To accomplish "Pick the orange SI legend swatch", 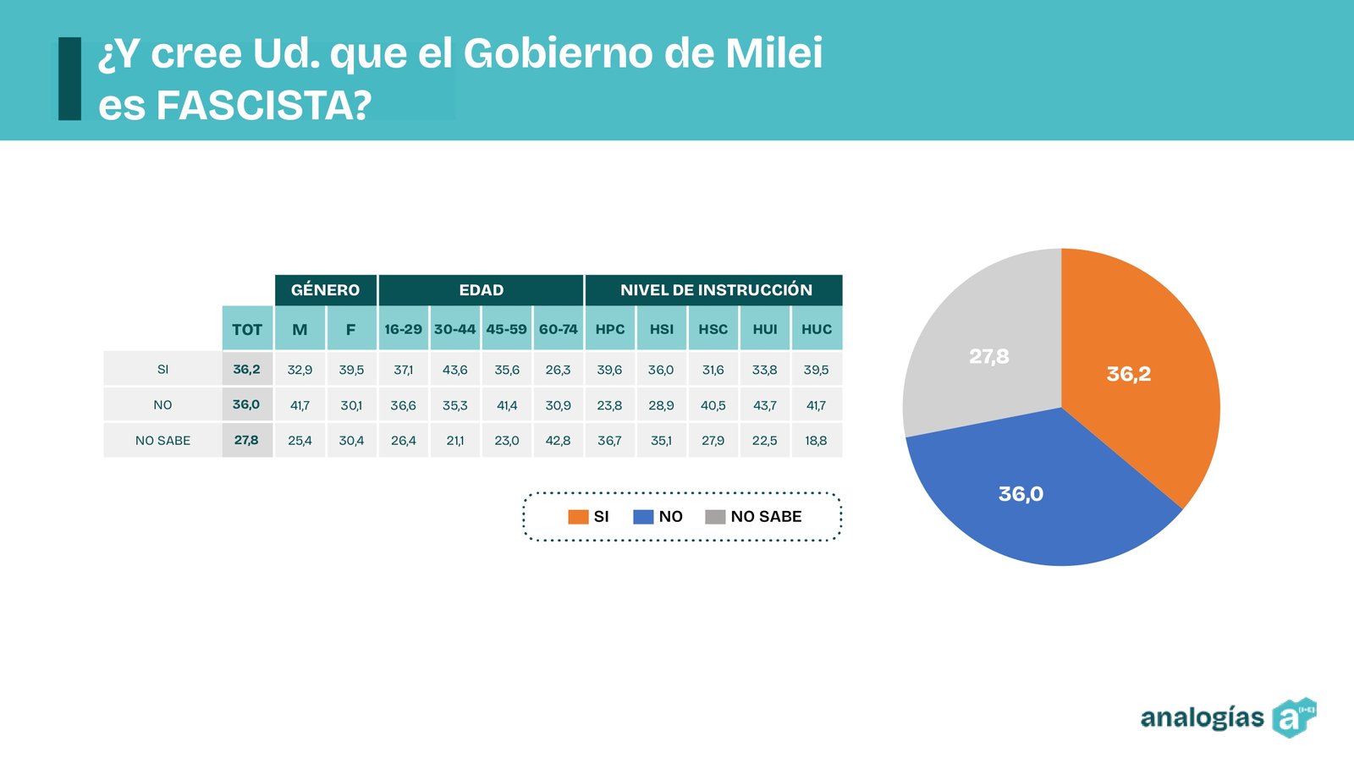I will tap(578, 517).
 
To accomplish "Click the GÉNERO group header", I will tap(325, 290).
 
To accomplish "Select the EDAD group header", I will tap(481, 290).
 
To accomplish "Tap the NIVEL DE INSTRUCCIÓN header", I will tap(715, 290).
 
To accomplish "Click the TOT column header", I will tap(247, 329).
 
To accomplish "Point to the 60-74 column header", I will tap(559, 329).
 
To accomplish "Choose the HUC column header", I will tap(817, 329).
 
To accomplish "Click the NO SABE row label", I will tap(162, 440).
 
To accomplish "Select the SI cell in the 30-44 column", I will tap(454, 370).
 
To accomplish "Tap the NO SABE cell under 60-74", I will tap(559, 440).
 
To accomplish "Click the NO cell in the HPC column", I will tap(609, 405).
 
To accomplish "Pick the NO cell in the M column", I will tap(300, 405).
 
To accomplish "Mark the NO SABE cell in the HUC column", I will tap(817, 440).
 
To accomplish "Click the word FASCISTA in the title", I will tap(264, 106).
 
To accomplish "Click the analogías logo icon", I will tap(1294, 718).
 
